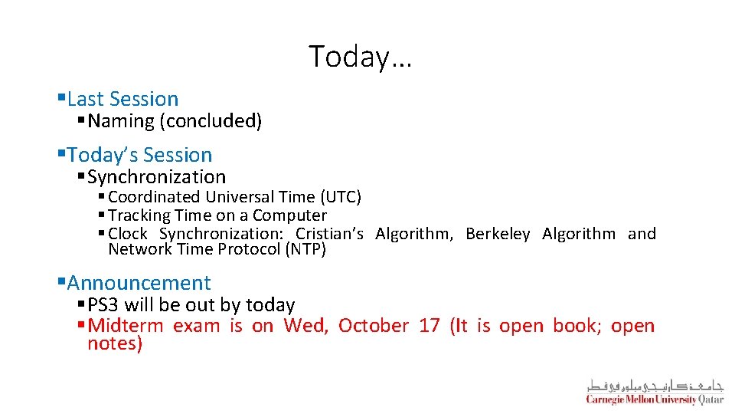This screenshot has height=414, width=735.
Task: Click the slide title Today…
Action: tap(360, 57)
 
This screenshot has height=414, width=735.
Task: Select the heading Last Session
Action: tap(122, 99)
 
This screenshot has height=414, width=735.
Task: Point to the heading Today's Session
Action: tap(139, 155)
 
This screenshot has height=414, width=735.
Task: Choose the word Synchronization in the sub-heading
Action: tap(156, 177)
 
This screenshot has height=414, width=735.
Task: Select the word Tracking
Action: tap(139, 215)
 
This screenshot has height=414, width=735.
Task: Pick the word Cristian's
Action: tap(329, 234)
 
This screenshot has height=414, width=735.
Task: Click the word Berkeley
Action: tap(498, 234)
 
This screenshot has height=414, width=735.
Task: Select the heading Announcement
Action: tap(139, 284)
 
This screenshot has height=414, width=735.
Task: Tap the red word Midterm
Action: tap(126, 326)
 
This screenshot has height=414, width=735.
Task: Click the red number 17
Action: tap(430, 326)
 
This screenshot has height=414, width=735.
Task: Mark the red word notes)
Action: tap(115, 344)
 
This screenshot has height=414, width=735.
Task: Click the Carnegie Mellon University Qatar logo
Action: tap(655, 391)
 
